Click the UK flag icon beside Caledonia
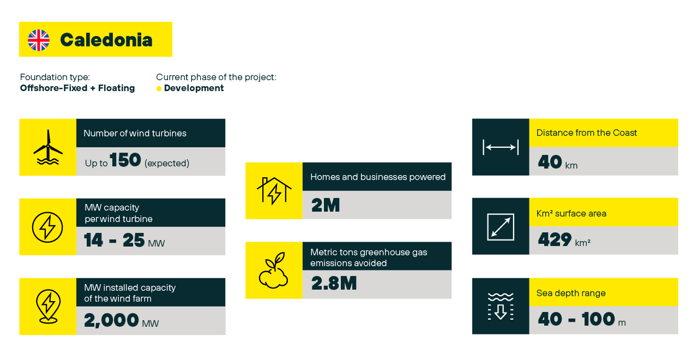click(39, 40)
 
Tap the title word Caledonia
click(106, 40)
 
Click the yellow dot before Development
click(159, 88)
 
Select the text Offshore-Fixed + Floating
click(77, 88)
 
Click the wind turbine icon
click(48, 147)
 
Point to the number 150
click(125, 160)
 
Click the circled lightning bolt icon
click(47, 227)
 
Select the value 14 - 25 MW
click(124, 241)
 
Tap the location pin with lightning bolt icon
click(49, 307)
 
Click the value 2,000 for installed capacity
click(111, 320)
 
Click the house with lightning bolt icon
click(274, 191)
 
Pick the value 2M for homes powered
click(326, 205)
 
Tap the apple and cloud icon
click(273, 270)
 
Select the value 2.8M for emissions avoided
click(334, 283)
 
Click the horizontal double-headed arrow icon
click(501, 147)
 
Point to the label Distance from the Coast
click(586, 133)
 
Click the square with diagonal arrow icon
click(501, 227)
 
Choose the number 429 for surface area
click(555, 239)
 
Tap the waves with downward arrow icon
click(501, 307)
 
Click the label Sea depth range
click(571, 293)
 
